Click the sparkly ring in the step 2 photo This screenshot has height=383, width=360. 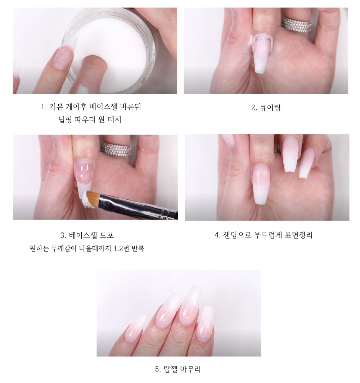297,24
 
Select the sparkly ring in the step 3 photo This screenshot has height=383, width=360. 116,149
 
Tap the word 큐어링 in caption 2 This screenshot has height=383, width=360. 270,108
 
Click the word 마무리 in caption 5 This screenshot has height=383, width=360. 190,369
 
